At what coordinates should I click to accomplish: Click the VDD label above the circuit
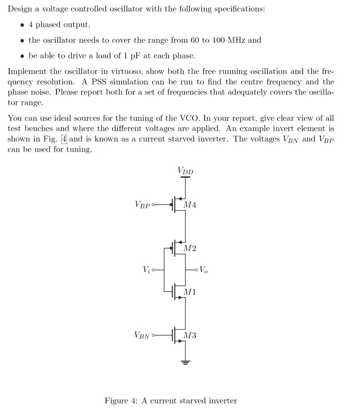click(185, 171)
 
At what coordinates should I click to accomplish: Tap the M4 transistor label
click(189, 205)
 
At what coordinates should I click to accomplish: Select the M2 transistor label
click(189, 249)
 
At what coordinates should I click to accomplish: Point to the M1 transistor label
click(189, 292)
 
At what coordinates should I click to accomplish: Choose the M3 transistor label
click(189, 336)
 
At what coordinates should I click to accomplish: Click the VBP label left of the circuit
click(143, 205)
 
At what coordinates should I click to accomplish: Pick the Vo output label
click(203, 270)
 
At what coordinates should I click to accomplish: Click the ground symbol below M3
click(185, 363)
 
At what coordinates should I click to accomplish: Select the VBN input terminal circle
click(153, 335)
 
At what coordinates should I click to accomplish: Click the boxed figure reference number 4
click(64, 139)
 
